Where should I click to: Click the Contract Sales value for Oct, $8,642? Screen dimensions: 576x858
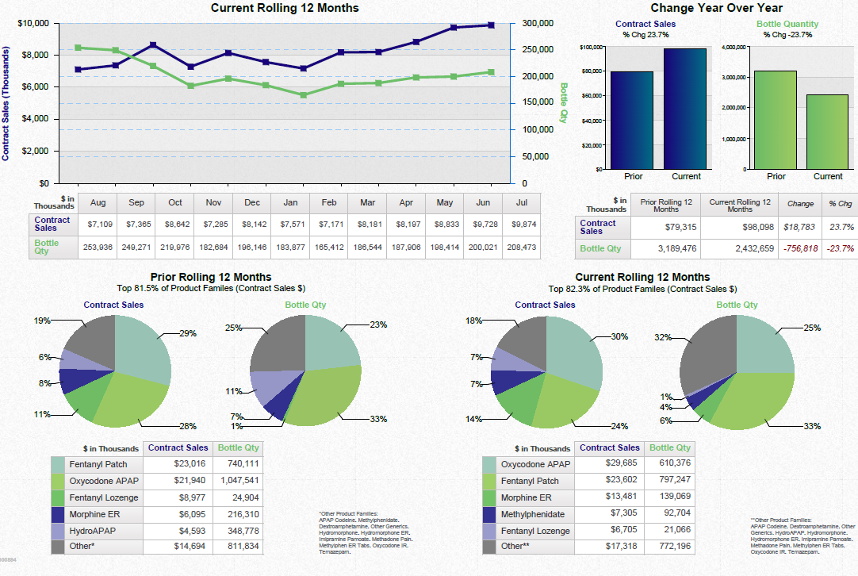point(174,225)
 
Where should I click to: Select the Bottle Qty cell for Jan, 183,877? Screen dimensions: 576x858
point(291,248)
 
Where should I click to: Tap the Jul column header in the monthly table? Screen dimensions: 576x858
point(521,203)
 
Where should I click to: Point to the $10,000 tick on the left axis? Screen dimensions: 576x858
point(33,24)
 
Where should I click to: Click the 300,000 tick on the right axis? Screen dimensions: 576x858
point(538,24)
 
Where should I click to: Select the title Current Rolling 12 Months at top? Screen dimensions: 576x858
point(284,8)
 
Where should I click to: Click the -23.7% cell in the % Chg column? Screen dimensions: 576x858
point(841,248)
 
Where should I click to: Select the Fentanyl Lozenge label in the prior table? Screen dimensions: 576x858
point(103,497)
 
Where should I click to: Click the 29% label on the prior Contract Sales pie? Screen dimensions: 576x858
point(188,334)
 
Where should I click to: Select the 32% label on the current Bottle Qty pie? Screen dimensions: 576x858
point(663,337)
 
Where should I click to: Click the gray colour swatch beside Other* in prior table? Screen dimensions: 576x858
point(58,547)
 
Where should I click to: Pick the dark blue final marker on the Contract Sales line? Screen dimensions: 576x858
point(491,25)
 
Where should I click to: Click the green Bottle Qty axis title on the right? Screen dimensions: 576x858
point(563,102)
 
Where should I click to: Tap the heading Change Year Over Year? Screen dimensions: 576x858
point(716,8)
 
